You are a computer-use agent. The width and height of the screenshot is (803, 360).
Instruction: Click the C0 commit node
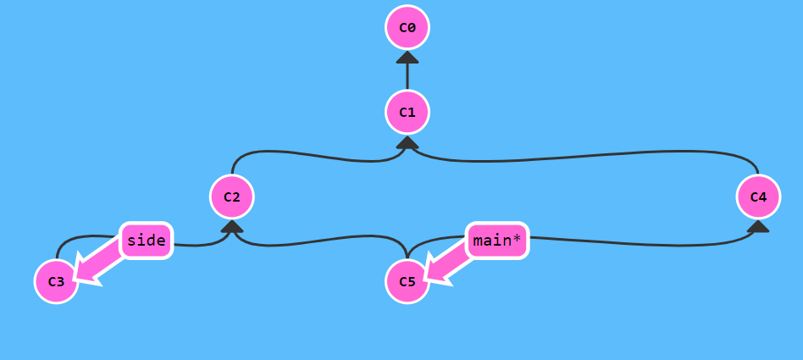click(407, 28)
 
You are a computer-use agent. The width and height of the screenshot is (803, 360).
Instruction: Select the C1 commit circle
click(407, 112)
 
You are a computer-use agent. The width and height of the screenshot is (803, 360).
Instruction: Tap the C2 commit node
click(232, 197)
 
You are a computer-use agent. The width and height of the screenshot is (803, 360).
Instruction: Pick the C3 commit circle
click(57, 281)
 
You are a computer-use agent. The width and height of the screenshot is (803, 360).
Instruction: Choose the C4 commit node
click(758, 197)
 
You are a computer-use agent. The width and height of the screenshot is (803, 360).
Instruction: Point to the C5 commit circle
click(407, 281)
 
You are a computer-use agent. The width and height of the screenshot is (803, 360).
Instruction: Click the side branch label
click(146, 241)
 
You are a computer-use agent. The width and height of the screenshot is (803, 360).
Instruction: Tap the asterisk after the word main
click(518, 240)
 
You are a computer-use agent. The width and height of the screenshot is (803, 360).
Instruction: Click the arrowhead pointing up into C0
click(407, 58)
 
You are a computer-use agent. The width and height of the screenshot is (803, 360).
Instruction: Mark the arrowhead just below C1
click(407, 142)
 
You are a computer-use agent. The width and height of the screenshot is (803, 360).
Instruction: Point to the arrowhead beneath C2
click(232, 226)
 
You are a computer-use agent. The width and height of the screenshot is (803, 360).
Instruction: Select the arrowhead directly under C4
click(758, 226)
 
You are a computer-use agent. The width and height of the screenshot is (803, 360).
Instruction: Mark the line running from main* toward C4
click(644, 245)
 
